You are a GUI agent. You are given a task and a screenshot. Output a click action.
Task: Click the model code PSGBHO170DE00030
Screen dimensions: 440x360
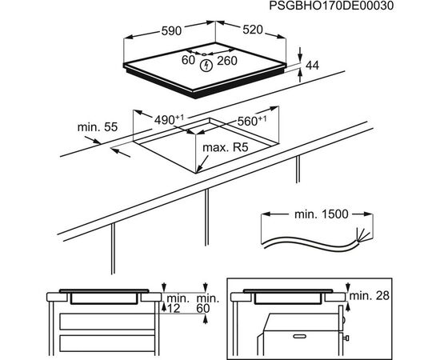point(331,6)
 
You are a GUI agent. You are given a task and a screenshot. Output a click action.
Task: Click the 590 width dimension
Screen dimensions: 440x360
point(171,30)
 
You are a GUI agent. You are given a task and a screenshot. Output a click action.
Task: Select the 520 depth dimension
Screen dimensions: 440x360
point(253,30)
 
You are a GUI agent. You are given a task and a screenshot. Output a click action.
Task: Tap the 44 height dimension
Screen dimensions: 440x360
point(312,66)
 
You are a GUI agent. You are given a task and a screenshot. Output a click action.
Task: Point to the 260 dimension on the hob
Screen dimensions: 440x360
point(227,61)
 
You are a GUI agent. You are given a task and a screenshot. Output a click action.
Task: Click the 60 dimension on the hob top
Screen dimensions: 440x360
point(188,60)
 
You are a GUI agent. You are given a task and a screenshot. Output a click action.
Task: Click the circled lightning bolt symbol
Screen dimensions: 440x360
point(206,66)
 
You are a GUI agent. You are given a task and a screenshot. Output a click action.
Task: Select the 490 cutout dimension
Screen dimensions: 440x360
point(170,120)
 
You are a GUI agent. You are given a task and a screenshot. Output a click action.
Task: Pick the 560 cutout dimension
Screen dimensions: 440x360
point(252,121)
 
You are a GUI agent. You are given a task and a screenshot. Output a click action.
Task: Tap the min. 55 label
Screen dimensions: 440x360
point(98,127)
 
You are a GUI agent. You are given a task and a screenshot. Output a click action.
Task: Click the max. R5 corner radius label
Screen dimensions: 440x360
point(226,147)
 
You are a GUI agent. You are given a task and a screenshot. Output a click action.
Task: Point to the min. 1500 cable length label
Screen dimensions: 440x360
point(322,214)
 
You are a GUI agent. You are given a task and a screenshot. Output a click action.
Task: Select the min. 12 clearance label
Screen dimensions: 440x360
point(178,303)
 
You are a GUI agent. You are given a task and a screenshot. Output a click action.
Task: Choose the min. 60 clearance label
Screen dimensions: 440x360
point(207,303)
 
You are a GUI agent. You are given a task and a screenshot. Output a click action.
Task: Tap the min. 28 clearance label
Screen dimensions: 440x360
point(370,295)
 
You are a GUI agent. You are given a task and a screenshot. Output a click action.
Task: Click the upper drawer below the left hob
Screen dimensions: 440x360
point(107,322)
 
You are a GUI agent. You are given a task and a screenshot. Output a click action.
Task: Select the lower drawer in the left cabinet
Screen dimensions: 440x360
point(107,343)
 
